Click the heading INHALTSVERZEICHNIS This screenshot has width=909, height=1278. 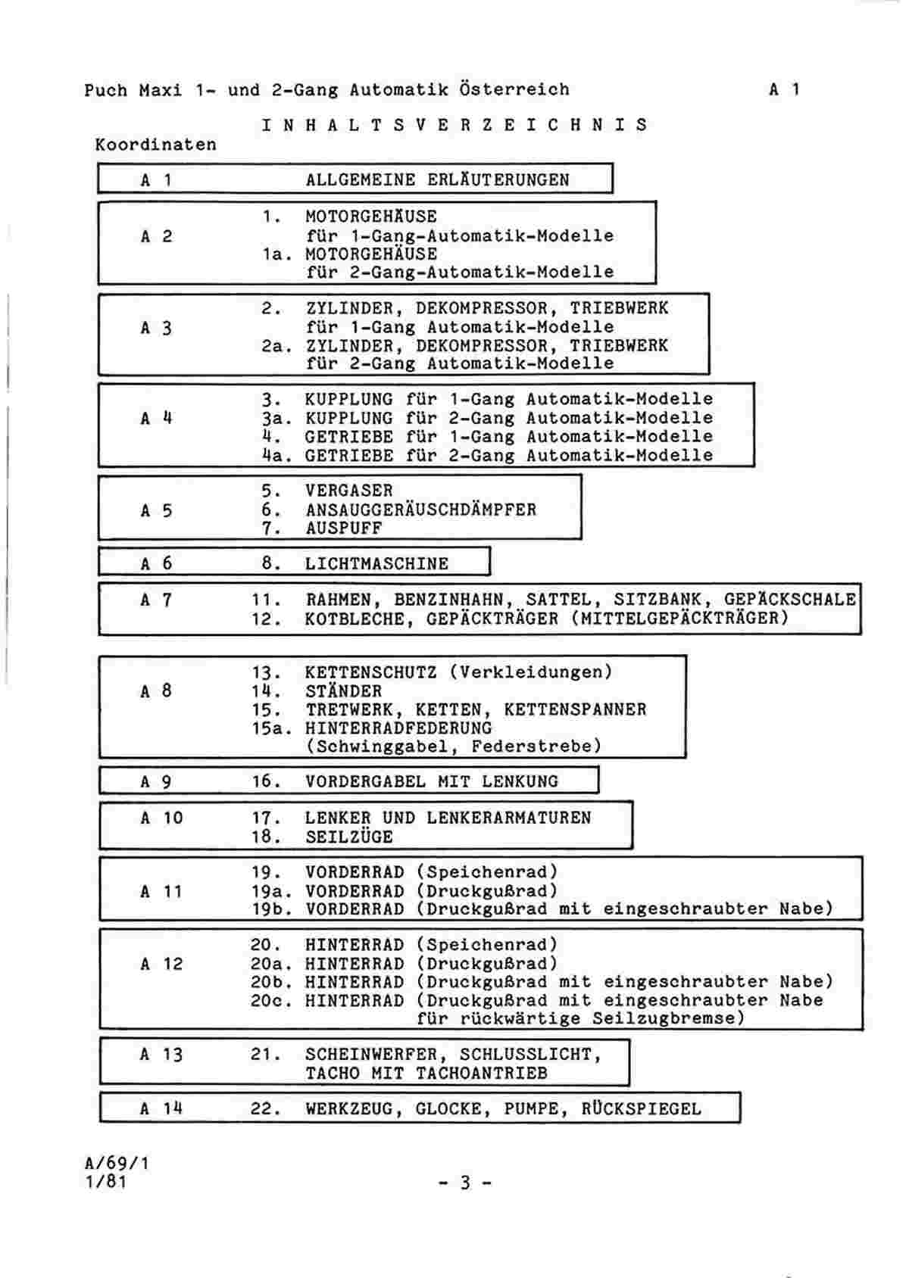[454, 124]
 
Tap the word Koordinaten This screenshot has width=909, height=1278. [156, 145]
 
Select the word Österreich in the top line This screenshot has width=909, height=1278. [514, 89]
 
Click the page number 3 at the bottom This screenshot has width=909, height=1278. [465, 1182]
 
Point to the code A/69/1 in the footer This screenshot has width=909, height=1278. [117, 1162]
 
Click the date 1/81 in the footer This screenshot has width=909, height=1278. [106, 1180]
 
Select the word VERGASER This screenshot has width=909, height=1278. [349, 491]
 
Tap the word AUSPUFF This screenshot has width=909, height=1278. [343, 528]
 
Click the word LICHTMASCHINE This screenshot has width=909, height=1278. [376, 564]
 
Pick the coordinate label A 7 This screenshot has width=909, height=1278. [156, 600]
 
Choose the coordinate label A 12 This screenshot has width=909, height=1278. [161, 964]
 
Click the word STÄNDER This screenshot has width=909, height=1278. [343, 691]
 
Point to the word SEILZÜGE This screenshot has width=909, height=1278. [349, 837]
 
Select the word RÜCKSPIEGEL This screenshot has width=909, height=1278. [641, 1108]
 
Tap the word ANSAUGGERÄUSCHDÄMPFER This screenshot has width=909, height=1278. [421, 510]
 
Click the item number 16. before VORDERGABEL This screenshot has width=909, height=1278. [267, 781]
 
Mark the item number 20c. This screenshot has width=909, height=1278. [271, 1000]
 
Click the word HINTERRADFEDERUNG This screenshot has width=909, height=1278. [398, 728]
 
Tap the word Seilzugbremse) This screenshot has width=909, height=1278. [669, 1018]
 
